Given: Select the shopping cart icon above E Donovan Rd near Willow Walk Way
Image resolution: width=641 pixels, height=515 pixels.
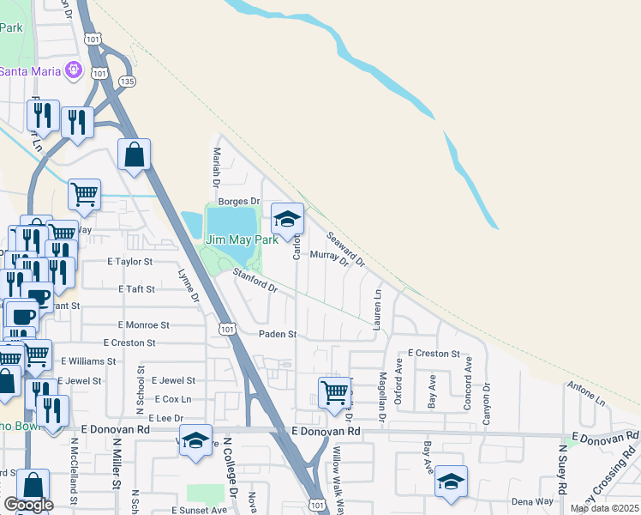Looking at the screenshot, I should coord(334,393).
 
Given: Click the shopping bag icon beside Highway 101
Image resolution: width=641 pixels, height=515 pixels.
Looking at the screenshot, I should coord(134,155).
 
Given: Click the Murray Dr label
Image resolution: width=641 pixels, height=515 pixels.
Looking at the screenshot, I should coord(328,256).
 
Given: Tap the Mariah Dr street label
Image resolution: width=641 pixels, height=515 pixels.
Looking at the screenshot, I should coord(217,165).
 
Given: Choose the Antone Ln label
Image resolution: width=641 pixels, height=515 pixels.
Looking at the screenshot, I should coord(587,393).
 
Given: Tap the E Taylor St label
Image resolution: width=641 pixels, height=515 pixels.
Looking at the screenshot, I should coord(129,261).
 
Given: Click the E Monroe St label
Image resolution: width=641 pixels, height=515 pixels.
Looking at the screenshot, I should coord(143,325).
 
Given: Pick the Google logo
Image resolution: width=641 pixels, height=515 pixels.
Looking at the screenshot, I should coord(28,505).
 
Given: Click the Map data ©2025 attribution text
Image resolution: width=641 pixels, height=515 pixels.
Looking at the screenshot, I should coord(603,508).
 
